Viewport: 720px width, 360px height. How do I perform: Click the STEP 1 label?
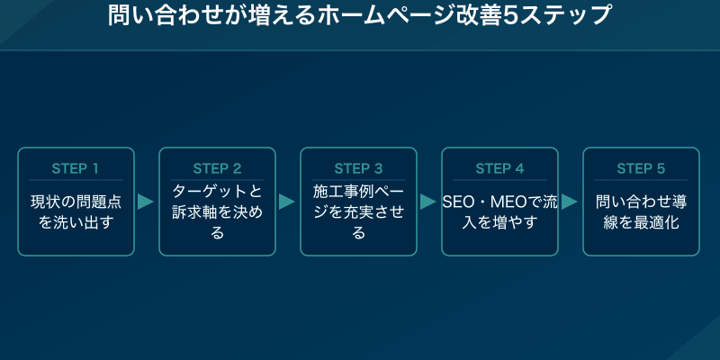[76, 168]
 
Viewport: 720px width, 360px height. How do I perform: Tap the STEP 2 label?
[217, 168]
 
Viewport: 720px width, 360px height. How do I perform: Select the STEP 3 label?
[358, 168]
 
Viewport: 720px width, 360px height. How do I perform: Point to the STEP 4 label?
[499, 168]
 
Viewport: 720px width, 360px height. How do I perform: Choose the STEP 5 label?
[641, 168]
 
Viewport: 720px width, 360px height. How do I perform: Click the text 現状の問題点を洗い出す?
[76, 211]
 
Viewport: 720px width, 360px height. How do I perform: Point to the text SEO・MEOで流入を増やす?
[499, 211]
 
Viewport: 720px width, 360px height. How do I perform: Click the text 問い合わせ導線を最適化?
[641, 211]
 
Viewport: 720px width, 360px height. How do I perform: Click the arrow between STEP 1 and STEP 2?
[146, 202]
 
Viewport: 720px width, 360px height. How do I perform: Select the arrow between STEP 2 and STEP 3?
[287, 202]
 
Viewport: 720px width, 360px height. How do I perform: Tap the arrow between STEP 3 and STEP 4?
[428, 202]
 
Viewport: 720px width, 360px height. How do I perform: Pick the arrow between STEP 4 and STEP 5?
[570, 202]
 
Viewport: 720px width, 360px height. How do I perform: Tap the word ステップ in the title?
[561, 15]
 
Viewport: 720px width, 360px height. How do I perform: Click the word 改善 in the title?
[469, 15]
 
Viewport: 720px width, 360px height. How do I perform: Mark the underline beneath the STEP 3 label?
[358, 180]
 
